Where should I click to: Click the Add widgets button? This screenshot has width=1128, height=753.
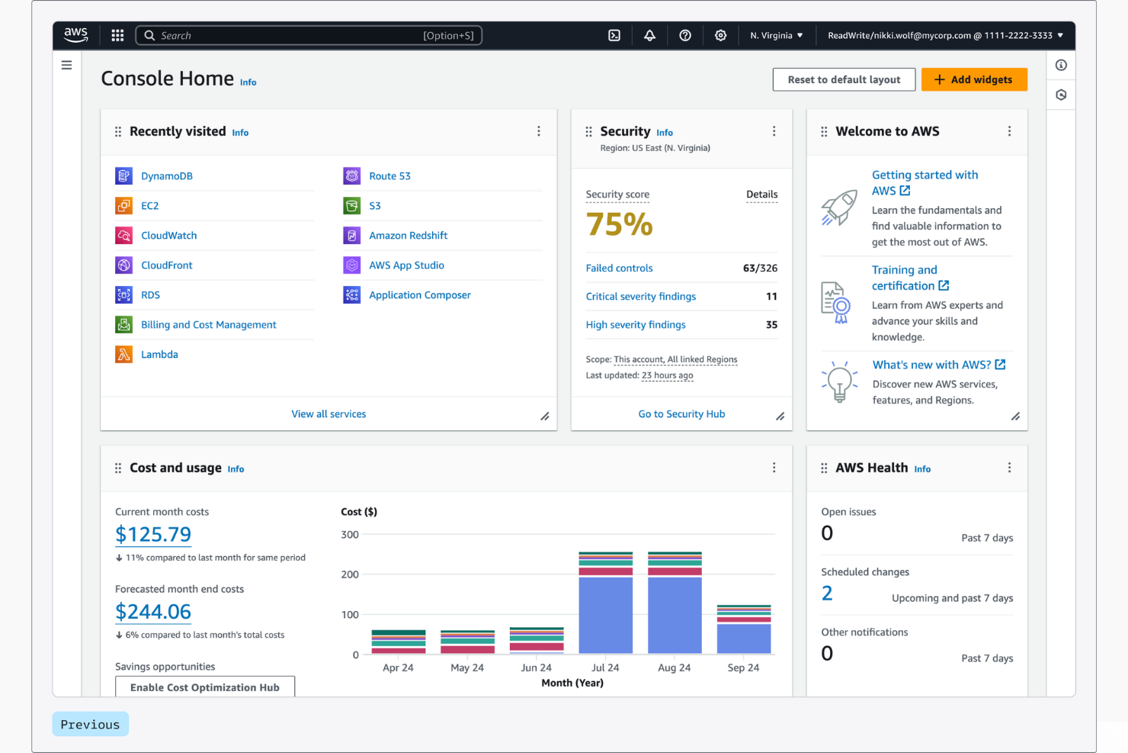973,79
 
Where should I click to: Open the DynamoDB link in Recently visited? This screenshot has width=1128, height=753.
166,176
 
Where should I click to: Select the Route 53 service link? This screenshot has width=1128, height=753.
389,176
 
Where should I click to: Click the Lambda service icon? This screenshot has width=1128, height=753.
123,355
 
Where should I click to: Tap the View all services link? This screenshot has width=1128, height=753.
328,414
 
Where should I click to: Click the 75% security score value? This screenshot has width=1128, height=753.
619,224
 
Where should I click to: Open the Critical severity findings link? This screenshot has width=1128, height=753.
640,297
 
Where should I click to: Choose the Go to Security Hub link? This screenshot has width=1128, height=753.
681,414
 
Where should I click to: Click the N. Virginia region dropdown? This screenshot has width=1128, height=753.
776,36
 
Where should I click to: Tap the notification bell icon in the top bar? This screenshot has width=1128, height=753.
649,36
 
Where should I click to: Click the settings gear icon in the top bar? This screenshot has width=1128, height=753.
720,36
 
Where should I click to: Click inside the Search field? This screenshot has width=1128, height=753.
290,36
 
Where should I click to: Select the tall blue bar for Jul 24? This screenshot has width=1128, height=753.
605,615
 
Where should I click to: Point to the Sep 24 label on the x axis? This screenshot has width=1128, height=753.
743,668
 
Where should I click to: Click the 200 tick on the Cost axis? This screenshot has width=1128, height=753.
350,574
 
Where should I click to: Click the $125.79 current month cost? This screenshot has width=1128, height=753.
153,535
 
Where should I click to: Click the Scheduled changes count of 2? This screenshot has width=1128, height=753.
827,594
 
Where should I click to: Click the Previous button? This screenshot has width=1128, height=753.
90,725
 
